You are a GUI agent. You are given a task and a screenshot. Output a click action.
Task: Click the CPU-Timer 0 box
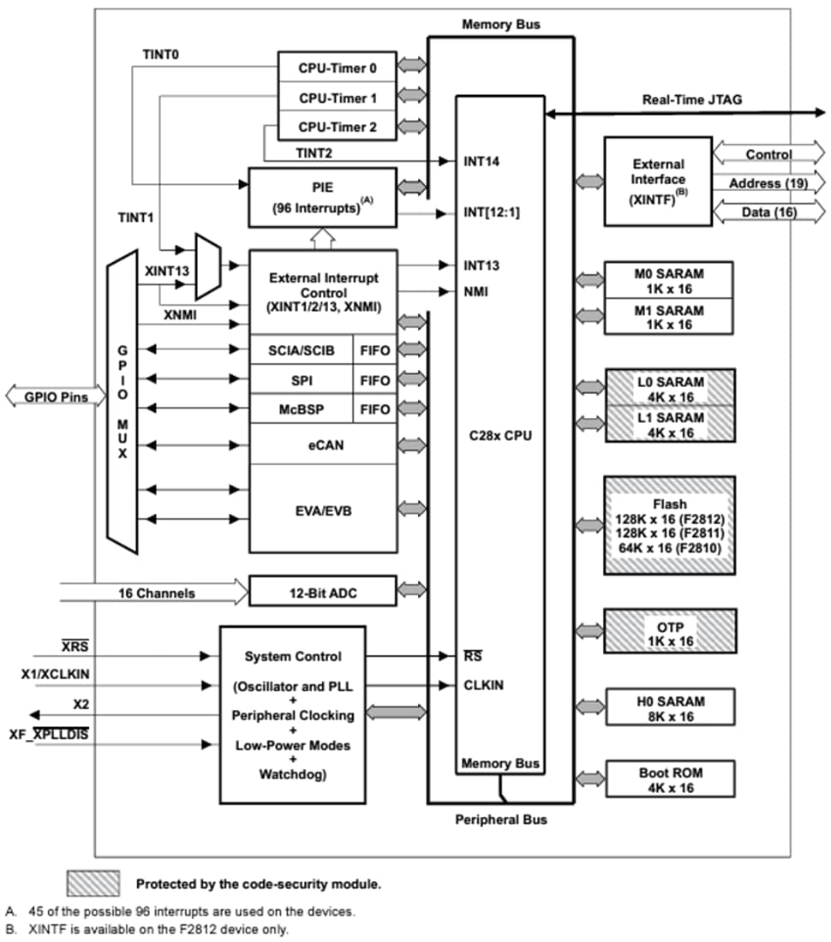click(x=337, y=67)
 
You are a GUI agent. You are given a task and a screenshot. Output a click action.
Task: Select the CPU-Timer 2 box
click(x=337, y=127)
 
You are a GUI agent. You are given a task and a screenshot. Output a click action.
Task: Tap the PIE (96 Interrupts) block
click(x=323, y=198)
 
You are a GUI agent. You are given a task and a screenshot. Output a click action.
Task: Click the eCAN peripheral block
click(x=323, y=444)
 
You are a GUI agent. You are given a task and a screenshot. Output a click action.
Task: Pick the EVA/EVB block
click(x=323, y=510)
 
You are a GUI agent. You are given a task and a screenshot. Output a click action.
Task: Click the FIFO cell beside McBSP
click(x=375, y=409)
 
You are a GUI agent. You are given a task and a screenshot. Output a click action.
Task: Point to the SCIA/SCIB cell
click(x=301, y=350)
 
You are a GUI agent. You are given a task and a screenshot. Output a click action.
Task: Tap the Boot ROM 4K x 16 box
click(x=670, y=779)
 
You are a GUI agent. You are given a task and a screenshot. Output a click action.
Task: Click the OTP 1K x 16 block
click(x=670, y=633)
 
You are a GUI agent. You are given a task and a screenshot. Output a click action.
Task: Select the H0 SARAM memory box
click(x=670, y=708)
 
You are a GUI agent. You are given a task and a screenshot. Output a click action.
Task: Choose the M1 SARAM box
click(x=670, y=317)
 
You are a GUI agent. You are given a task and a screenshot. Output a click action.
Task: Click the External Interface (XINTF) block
click(x=658, y=181)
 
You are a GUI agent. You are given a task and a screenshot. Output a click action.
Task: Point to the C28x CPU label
click(x=500, y=435)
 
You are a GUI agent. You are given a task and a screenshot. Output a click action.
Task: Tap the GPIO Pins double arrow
click(x=48, y=397)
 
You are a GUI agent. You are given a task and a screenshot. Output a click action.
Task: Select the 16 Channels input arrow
click(x=154, y=593)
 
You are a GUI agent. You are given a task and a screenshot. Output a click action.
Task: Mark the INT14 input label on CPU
click(x=481, y=160)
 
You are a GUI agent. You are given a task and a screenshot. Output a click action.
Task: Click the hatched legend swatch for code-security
click(x=93, y=883)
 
